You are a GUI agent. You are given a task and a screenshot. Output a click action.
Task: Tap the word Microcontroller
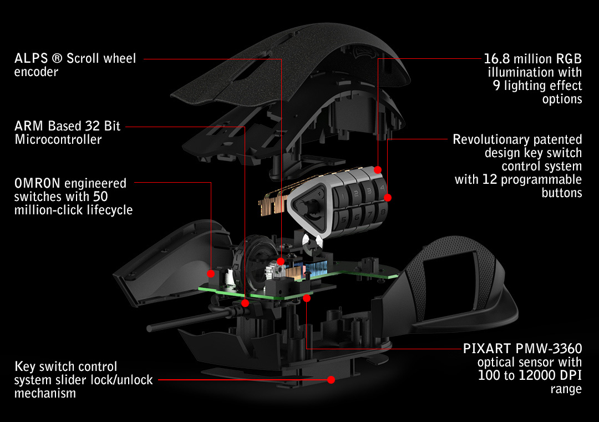pyautogui.click(x=58, y=139)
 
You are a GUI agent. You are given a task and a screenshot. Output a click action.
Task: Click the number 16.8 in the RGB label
pyautogui.click(x=497, y=59)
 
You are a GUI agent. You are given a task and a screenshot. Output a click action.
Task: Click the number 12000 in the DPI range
pyautogui.click(x=528, y=375)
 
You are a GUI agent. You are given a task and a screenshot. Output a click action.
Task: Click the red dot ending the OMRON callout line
pyautogui.click(x=211, y=273)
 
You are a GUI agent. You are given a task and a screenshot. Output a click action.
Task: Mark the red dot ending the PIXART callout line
pyautogui.click(x=307, y=298)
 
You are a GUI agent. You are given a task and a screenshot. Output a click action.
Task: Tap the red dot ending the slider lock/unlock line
pyautogui.click(x=331, y=380)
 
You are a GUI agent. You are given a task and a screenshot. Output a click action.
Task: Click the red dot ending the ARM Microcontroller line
pyautogui.click(x=245, y=303)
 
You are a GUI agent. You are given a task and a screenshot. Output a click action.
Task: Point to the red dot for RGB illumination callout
pyautogui.click(x=378, y=169)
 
